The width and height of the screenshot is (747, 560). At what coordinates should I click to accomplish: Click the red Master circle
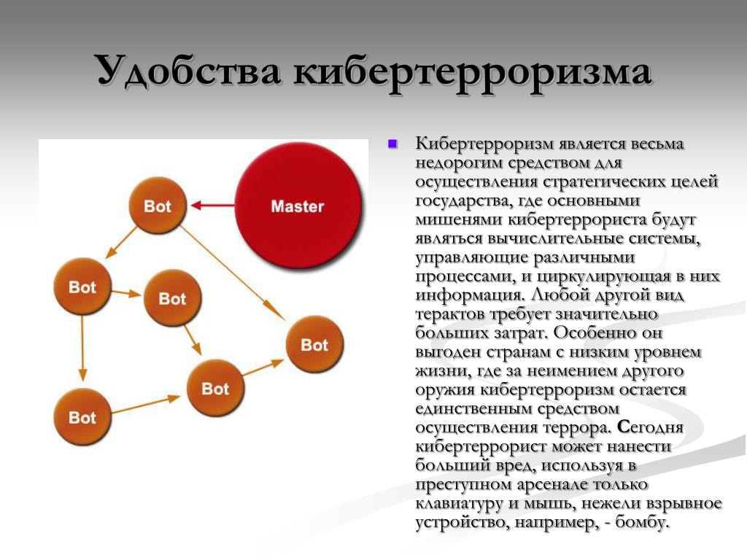(x=298, y=206)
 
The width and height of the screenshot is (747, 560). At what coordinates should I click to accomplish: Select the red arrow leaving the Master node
(x=212, y=206)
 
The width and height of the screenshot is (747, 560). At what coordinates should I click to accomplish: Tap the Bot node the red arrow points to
(x=158, y=206)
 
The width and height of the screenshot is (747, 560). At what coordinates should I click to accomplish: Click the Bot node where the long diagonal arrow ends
(x=314, y=344)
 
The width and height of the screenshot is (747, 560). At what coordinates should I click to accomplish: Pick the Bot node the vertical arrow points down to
(x=82, y=417)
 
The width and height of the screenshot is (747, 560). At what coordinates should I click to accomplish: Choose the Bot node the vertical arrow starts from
(x=82, y=287)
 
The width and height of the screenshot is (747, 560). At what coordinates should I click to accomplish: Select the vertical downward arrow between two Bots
(x=82, y=349)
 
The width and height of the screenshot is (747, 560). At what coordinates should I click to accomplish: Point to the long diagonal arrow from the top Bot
(x=233, y=273)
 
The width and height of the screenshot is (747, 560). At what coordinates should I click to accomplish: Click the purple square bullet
(x=393, y=144)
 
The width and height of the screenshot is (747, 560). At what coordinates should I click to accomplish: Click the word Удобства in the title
(x=189, y=71)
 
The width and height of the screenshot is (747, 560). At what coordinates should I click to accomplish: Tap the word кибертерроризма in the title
(x=472, y=71)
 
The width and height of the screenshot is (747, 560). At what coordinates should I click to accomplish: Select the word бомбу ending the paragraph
(x=643, y=522)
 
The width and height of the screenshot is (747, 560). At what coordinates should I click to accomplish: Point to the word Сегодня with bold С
(x=650, y=427)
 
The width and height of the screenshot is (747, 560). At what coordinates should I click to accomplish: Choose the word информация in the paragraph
(x=471, y=295)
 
